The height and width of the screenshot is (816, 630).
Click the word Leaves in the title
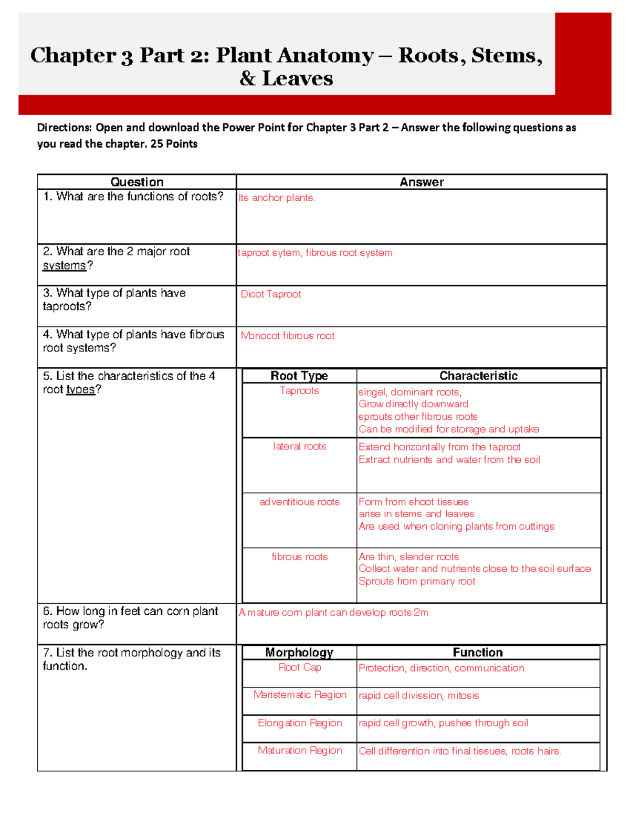297,79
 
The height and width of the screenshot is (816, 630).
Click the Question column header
137,182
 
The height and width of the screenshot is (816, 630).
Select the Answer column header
422,182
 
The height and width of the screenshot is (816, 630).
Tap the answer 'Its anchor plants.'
277,198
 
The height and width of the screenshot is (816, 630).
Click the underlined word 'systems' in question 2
64,266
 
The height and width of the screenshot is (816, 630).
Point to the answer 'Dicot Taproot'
271,294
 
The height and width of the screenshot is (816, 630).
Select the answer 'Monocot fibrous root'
287,336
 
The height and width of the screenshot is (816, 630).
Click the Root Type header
299,376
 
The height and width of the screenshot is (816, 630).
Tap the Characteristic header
478,376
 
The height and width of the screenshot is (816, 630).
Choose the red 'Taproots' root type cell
299,390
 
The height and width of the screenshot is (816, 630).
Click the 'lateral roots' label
300,446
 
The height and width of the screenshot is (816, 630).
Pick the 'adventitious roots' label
300,502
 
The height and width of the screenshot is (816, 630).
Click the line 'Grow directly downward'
413,404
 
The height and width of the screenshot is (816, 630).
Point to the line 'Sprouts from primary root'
417,582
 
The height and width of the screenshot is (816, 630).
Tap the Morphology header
299,653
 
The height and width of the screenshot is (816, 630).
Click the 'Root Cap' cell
300,667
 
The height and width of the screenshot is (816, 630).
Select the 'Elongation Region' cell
300,723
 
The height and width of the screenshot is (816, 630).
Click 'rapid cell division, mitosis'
418,696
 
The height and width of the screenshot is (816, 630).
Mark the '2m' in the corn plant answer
421,613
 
